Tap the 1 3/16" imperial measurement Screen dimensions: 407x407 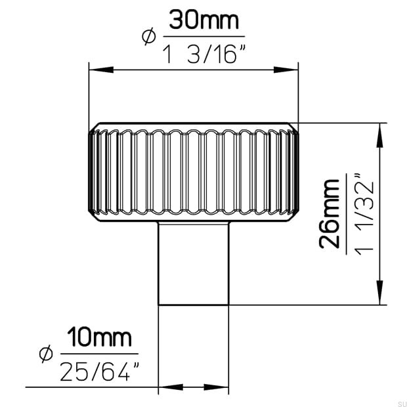203,51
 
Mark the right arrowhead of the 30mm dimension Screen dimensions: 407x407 289,68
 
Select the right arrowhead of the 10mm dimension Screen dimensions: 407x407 219,387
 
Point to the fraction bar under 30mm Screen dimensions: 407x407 203,37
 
